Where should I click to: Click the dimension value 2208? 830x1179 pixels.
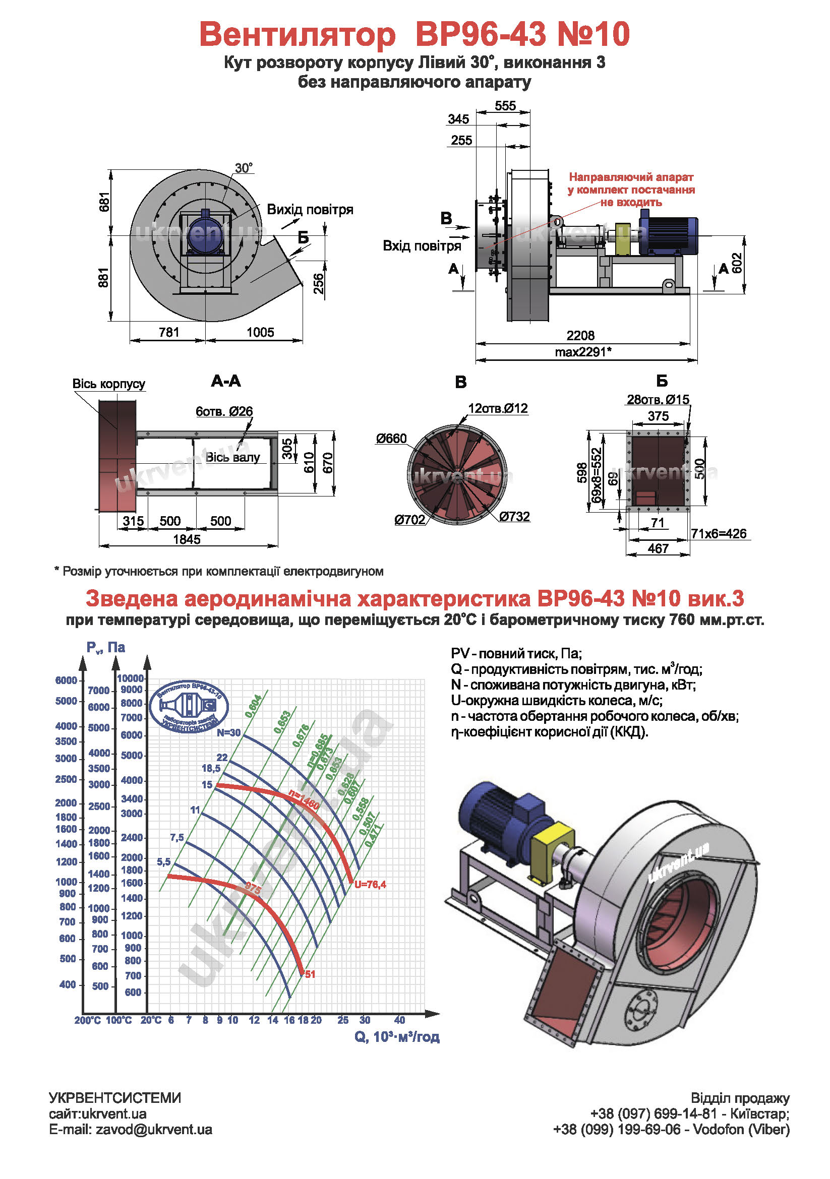(580, 335)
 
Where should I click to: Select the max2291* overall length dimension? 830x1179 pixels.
(582, 352)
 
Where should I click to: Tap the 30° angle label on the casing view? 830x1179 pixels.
(244, 168)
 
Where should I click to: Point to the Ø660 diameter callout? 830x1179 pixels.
(391, 439)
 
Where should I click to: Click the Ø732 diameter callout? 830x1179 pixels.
(514, 516)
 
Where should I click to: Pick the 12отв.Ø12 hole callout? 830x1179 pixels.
(497, 408)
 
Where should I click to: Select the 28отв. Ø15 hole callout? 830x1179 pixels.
(658, 400)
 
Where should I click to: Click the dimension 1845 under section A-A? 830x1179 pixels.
(187, 539)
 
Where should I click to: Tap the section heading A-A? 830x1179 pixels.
(225, 381)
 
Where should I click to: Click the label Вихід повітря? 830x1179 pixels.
(310, 210)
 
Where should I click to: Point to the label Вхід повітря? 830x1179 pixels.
(422, 246)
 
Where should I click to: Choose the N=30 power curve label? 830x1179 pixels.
(228, 733)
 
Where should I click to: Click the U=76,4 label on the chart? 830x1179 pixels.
(370, 884)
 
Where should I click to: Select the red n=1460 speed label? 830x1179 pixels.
(304, 800)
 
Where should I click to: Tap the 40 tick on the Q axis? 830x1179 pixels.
(399, 1020)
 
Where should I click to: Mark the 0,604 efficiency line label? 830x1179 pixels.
(253, 706)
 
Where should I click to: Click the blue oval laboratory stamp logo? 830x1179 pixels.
(189, 707)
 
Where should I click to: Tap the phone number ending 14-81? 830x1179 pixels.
(654, 1114)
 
